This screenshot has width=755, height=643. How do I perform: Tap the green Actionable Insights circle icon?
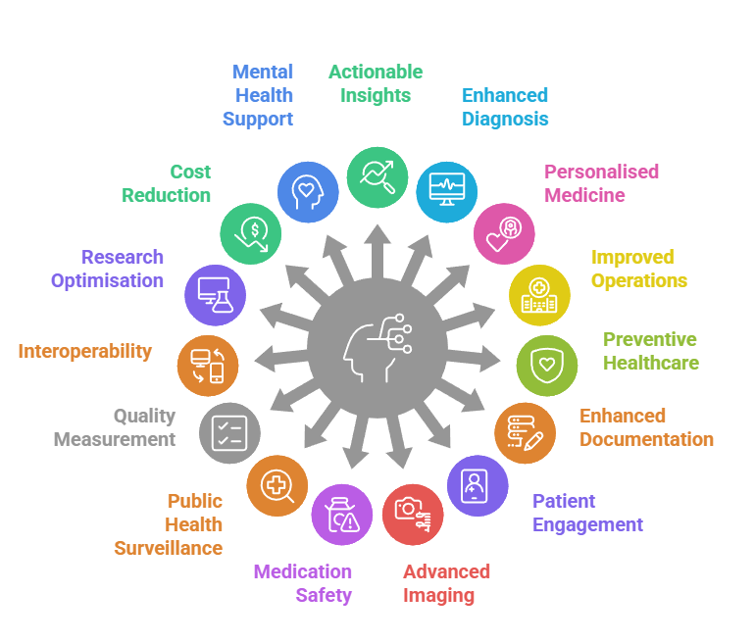tap(377, 177)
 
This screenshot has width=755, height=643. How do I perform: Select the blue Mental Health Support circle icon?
tap(308, 191)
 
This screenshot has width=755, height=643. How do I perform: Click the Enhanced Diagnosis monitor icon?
tap(447, 191)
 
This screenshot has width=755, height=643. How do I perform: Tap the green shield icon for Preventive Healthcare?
tap(547, 365)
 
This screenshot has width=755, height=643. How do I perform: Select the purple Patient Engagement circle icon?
tap(478, 486)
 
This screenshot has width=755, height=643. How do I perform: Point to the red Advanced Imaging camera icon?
tap(412, 515)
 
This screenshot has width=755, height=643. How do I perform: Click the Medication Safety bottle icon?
tap(342, 514)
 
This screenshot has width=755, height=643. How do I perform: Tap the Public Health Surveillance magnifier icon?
tap(277, 486)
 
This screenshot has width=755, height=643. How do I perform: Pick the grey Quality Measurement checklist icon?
tap(229, 432)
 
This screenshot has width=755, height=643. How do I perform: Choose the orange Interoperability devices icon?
tap(208, 365)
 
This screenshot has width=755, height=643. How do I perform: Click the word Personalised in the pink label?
tap(601, 172)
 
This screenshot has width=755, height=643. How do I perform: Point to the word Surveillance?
tap(169, 548)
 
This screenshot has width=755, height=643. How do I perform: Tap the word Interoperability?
tap(85, 351)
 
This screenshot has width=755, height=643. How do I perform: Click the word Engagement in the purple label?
tap(587, 524)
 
